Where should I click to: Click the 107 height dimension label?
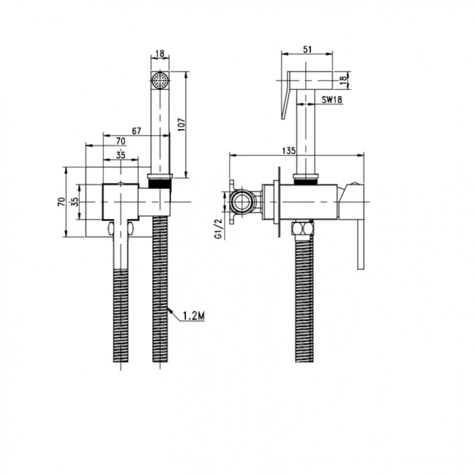coord(181,125)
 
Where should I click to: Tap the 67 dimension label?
coord(137,131)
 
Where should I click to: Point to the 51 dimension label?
coord(307,50)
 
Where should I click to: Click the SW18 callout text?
coord(332,100)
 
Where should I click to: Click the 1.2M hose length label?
coord(194,316)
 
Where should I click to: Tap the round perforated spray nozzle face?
coord(160,81)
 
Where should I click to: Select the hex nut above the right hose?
coord(303,228)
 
